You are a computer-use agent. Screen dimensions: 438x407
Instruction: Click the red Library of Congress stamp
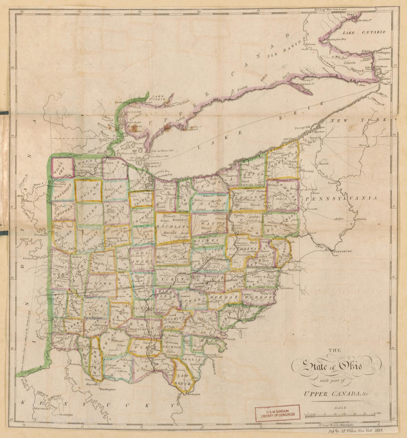278,411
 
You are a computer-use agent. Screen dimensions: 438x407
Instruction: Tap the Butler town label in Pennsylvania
339,219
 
